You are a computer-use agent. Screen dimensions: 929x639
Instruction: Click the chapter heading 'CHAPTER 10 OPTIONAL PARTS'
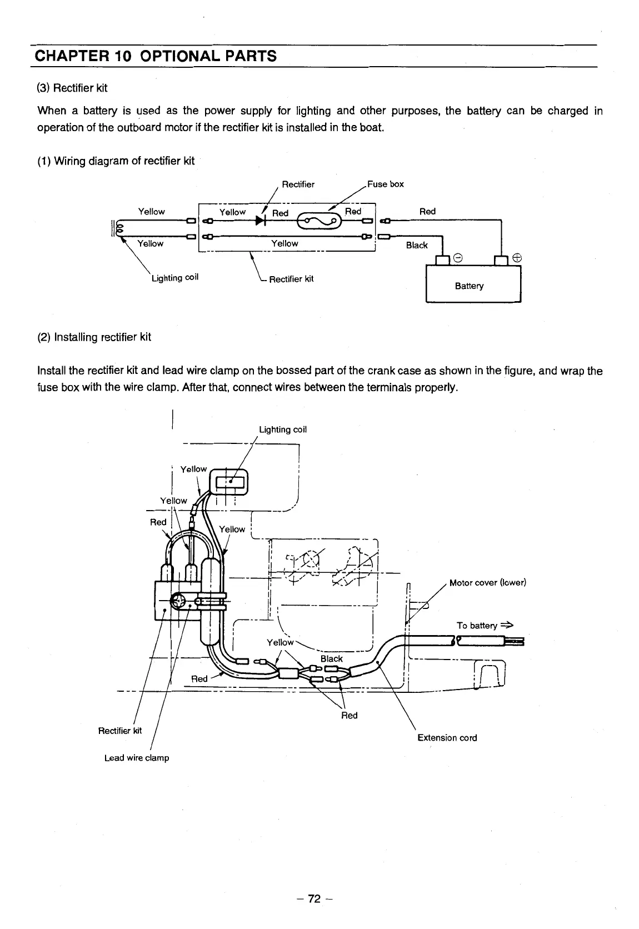click(x=155, y=56)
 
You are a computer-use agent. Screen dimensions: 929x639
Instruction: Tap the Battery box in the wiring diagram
click(x=473, y=284)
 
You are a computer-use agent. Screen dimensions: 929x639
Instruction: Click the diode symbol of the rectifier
click(x=259, y=221)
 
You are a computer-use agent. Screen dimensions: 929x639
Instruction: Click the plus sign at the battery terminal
click(x=517, y=258)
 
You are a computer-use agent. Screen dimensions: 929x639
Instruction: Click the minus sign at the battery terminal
click(x=457, y=258)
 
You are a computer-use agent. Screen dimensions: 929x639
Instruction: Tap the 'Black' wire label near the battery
click(x=417, y=245)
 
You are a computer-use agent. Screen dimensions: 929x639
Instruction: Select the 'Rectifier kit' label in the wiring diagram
click(x=291, y=279)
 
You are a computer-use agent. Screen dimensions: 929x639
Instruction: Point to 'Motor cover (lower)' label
click(x=487, y=582)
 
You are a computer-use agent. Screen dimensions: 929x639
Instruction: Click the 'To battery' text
click(x=477, y=626)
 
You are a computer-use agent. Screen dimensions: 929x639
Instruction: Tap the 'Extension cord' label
click(x=447, y=738)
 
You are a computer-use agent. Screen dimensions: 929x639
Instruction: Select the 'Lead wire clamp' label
click(x=137, y=758)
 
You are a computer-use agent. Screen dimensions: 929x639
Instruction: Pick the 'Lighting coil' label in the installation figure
click(x=283, y=429)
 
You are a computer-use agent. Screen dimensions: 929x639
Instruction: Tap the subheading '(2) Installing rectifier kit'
click(x=94, y=337)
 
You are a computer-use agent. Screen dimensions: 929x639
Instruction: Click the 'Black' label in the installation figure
click(x=331, y=659)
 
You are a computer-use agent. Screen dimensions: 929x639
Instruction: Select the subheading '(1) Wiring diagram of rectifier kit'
click(x=116, y=161)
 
